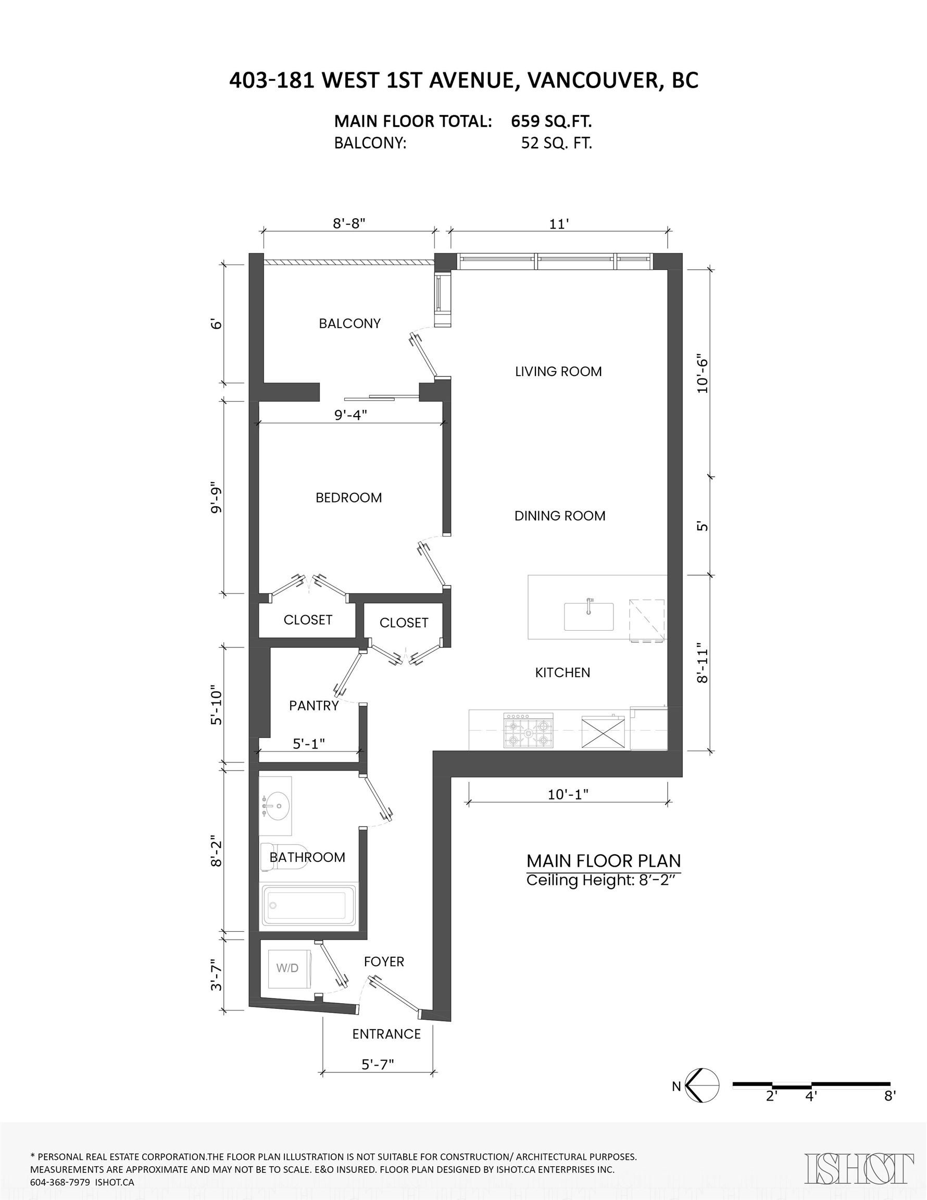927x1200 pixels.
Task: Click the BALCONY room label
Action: (x=349, y=323)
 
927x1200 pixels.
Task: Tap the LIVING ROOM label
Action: (x=558, y=371)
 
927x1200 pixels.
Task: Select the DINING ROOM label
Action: (x=560, y=516)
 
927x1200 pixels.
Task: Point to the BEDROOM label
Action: (x=348, y=498)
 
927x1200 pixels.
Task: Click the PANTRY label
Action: (x=314, y=706)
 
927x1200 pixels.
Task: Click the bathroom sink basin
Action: (x=275, y=806)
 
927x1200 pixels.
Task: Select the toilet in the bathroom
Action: (x=283, y=857)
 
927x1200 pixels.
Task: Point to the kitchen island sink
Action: (x=588, y=616)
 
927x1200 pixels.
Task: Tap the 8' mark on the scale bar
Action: (x=890, y=1096)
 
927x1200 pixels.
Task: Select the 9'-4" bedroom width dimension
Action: (x=350, y=415)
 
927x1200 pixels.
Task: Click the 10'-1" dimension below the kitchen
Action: (x=568, y=794)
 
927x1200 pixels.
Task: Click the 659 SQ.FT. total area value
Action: (x=551, y=121)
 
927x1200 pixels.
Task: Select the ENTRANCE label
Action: (x=386, y=1034)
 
